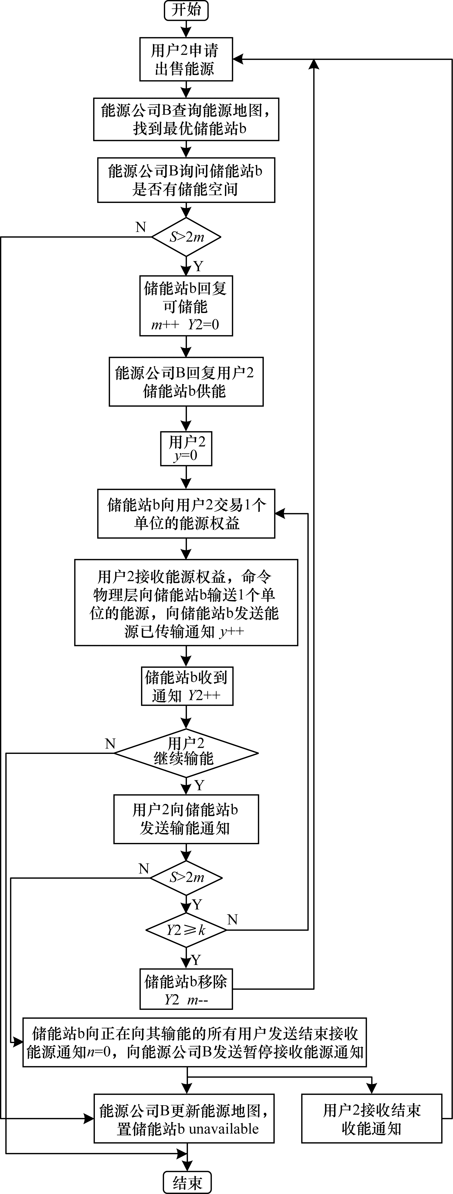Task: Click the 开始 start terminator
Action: pyautogui.click(x=186, y=10)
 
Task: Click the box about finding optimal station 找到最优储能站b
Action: pyautogui.click(x=186, y=119)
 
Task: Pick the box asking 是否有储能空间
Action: pyautogui.click(x=186, y=180)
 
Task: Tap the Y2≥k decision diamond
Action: pyautogui.click(x=186, y=930)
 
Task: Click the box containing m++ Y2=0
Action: pyautogui.click(x=186, y=306)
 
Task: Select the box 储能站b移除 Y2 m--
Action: pyautogui.click(x=186, y=989)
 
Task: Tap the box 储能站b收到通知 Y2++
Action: pyautogui.click(x=187, y=686)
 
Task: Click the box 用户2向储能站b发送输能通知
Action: pyautogui.click(x=186, y=819)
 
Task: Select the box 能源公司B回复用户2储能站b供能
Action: pyautogui.click(x=186, y=382)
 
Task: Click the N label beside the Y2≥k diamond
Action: pyautogui.click(x=233, y=919)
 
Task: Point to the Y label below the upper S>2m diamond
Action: pyautogui.click(x=198, y=266)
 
